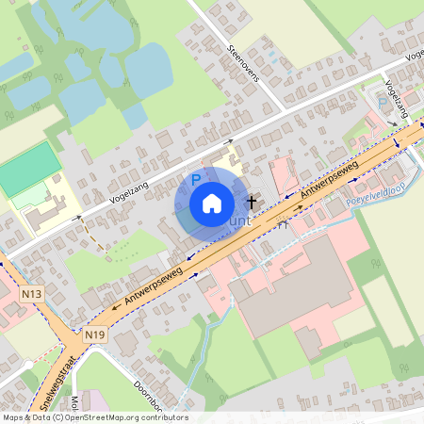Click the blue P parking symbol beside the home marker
(196, 179)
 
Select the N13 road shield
(31, 295)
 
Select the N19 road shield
(93, 334)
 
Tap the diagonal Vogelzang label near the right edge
(396, 106)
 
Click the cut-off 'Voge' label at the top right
(414, 54)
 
